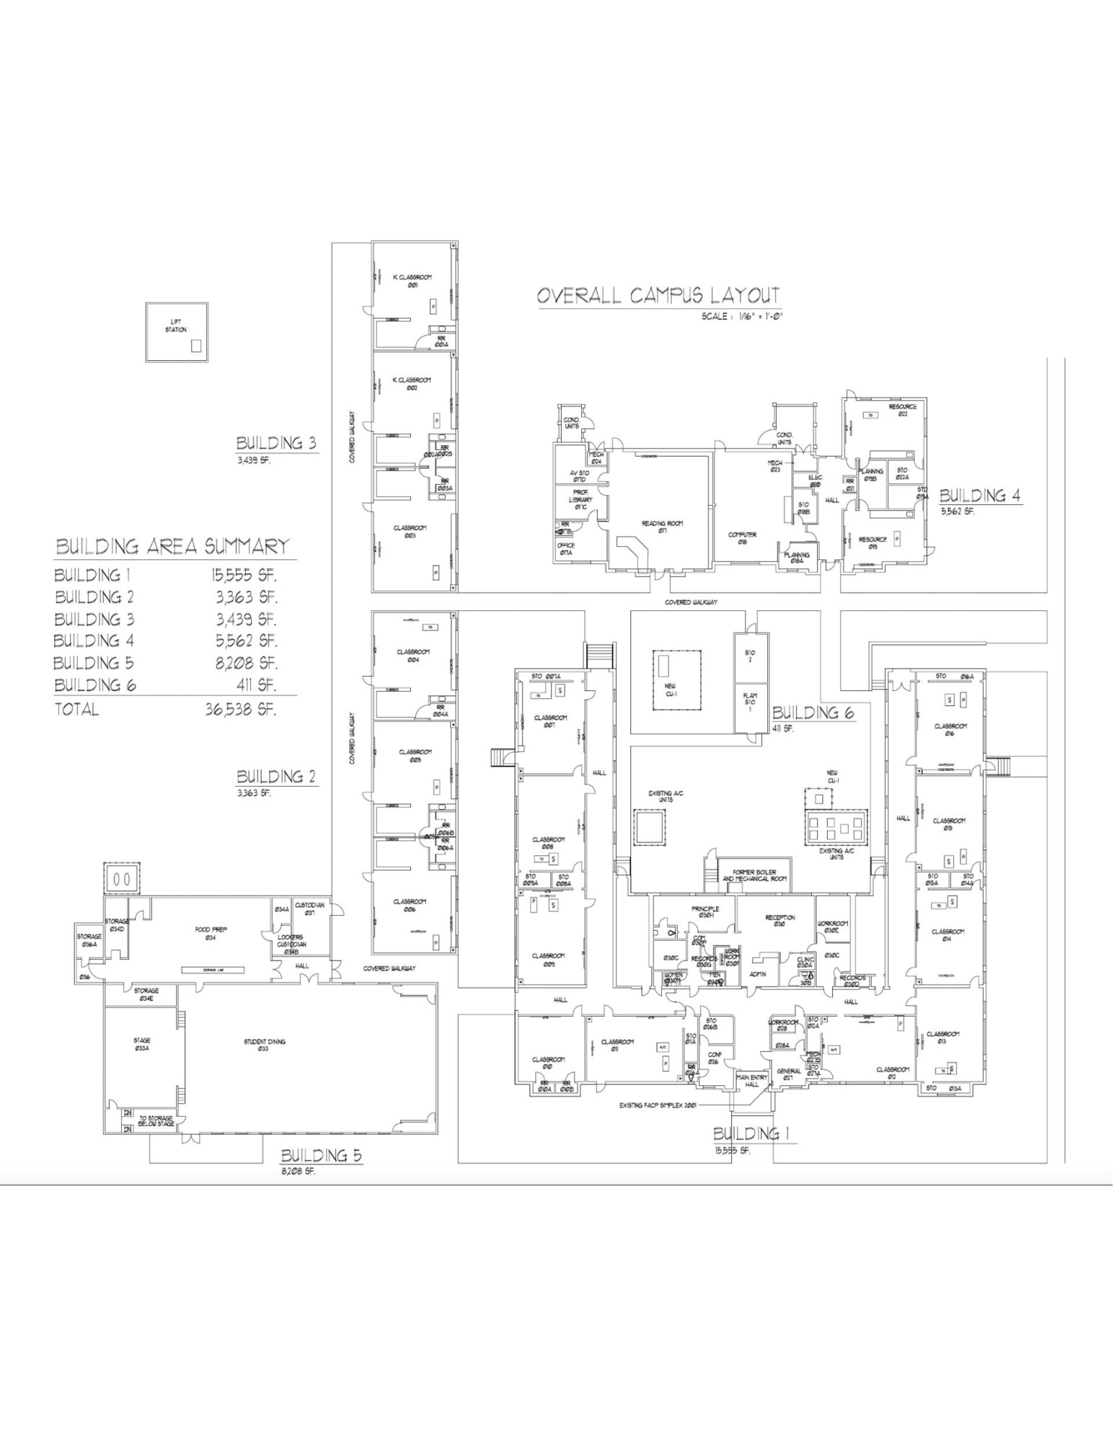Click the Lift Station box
tap(177, 331)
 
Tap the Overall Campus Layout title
tap(658, 295)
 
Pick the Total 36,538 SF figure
tap(241, 709)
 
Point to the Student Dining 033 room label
tap(265, 1045)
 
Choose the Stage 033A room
tap(142, 1044)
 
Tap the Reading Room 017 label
tap(662, 527)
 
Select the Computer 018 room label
tap(742, 537)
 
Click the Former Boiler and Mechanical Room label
tap(754, 875)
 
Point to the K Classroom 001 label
tap(412, 281)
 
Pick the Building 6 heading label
tap(813, 713)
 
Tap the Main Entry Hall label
tap(751, 1080)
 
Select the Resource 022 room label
tap(902, 410)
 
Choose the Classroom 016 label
tap(950, 729)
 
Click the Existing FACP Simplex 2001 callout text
tap(658, 1105)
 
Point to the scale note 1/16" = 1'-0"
tap(742, 316)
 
